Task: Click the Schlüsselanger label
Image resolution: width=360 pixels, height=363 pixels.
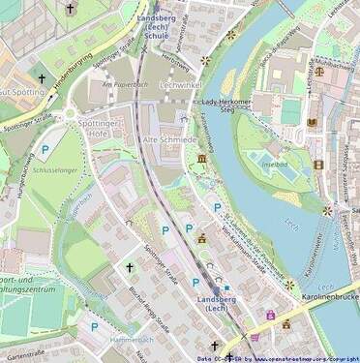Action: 54,170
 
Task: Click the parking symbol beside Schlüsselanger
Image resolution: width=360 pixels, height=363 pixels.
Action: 45,150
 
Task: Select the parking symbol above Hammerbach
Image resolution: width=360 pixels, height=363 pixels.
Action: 94,327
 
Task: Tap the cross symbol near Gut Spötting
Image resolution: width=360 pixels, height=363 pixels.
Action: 41,78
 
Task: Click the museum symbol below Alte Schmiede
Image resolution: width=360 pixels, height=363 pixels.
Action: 201,159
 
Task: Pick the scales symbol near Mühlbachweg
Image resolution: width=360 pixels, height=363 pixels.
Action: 314,69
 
